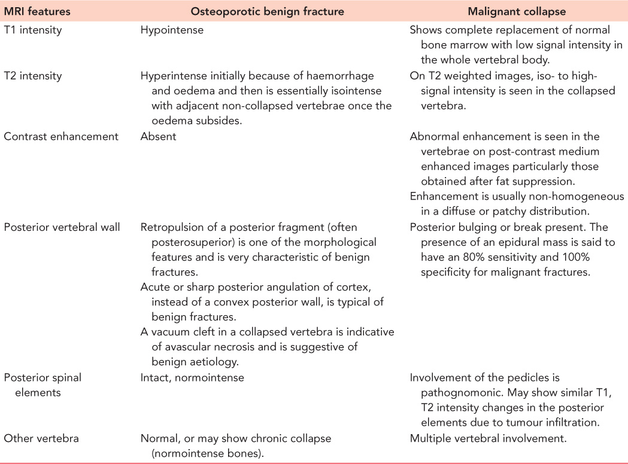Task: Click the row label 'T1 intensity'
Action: tap(32, 30)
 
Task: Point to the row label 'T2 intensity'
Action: tap(32, 77)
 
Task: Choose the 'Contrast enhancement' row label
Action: tap(61, 136)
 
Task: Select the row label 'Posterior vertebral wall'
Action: tap(62, 227)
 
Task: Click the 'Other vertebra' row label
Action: tap(41, 438)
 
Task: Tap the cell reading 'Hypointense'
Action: tap(172, 30)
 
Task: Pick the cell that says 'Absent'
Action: tap(158, 136)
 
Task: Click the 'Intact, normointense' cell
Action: tap(192, 377)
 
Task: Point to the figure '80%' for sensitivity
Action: tap(471, 258)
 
